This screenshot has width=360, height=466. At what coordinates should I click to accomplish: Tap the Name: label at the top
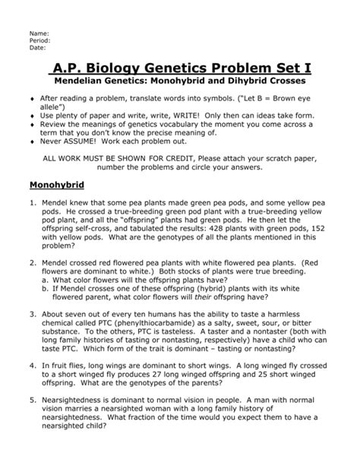tap(38, 34)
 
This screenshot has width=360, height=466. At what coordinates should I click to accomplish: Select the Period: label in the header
tap(39, 41)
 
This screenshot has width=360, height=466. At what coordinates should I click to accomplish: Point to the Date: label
tap(37, 48)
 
